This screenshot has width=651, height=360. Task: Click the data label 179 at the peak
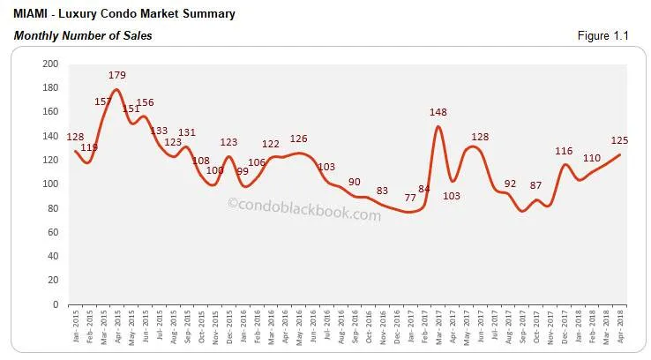coord(118,76)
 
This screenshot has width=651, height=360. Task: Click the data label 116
coord(563,151)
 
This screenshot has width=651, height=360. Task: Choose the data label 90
coord(355,182)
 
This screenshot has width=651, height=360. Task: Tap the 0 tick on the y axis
coord(58,304)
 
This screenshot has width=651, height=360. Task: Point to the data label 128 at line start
coord(77,137)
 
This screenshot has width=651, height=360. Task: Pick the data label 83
coord(382,191)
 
